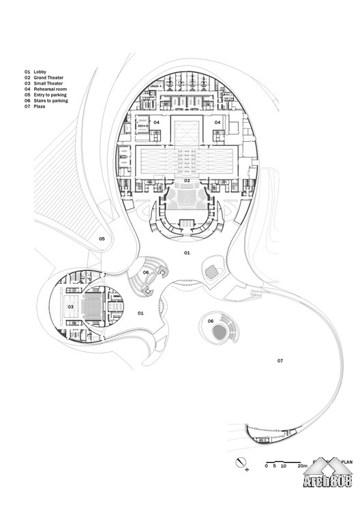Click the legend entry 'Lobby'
coord(40,72)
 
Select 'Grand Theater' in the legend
coord(48,78)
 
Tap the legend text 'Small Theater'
coord(48,83)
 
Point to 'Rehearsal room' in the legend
coord(50,89)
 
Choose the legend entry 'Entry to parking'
coord(50,95)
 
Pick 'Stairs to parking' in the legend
coord(51,100)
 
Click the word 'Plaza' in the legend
coord(40,106)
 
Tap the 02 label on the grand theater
coord(187,181)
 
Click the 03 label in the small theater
coord(71,307)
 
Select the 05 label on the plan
coord(102,239)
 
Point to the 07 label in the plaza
coord(280,361)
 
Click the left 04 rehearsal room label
coord(157,122)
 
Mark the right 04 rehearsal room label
coord(217,122)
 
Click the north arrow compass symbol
coord(241,462)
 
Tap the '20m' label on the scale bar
coord(303,466)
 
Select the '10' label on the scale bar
coord(284,466)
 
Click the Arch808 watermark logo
coord(328,474)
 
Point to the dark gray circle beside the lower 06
coord(220,333)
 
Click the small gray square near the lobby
coord(212,271)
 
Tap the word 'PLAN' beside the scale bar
coord(346,462)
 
